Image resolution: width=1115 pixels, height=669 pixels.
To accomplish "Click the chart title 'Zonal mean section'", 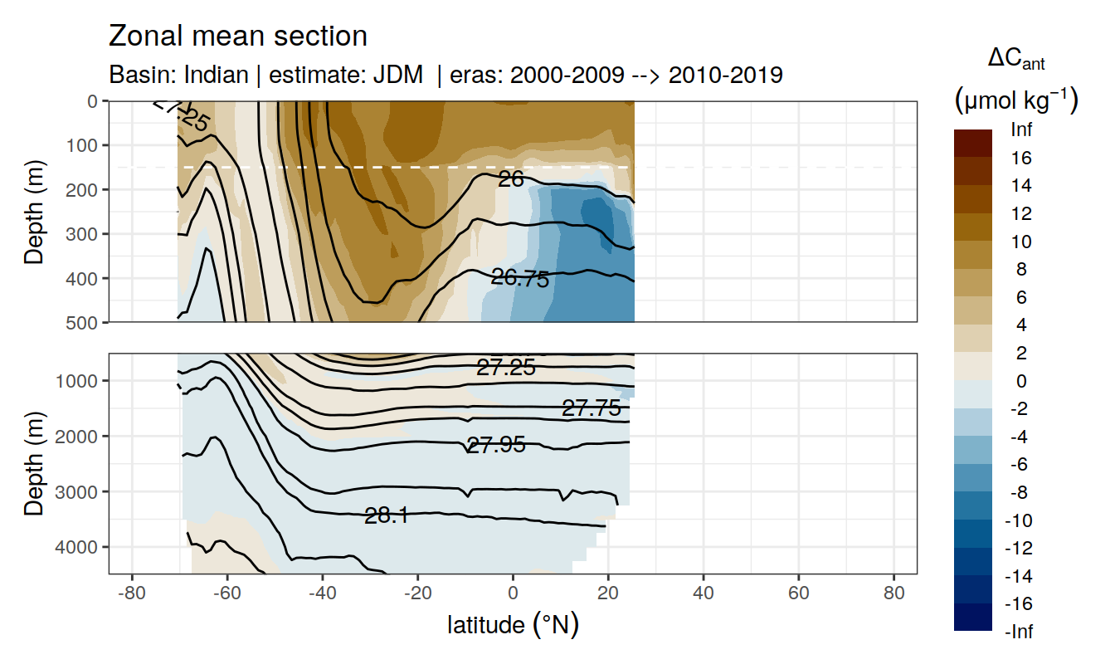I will click(238, 37).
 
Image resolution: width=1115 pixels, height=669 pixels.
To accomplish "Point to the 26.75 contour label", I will click(520, 279).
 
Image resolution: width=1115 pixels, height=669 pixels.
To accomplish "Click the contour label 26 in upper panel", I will click(511, 178).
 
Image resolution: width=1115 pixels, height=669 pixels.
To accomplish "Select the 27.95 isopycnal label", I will click(496, 446).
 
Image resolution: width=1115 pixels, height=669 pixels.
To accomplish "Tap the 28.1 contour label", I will click(387, 516).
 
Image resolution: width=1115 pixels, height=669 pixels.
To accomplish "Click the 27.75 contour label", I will click(591, 408).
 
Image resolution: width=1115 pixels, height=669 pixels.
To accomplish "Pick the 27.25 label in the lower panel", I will click(505, 368).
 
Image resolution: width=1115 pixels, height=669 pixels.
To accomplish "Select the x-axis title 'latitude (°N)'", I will click(513, 625).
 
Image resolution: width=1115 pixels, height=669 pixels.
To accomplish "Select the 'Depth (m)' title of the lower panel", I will click(34, 463).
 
